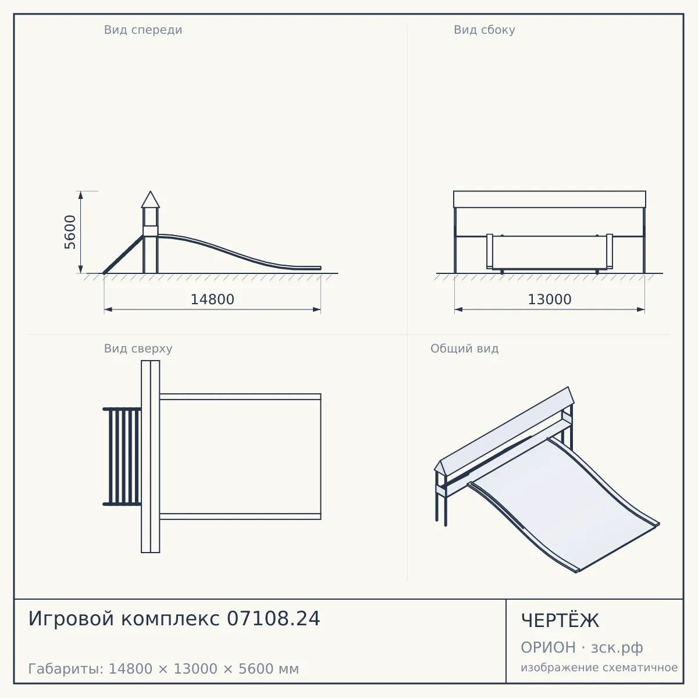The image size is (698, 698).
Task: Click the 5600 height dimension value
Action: pos(70,232)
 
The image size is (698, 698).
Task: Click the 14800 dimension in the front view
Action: pos(212,300)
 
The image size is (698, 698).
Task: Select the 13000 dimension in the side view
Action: pos(550,300)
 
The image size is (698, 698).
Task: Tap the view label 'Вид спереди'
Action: pos(143,30)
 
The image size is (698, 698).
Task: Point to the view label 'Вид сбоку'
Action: pos(485,30)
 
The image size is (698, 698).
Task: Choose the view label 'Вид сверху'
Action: pos(138,348)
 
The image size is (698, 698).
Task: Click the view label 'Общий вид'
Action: pos(464,348)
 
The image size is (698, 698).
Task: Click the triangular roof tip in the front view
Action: pos(150,191)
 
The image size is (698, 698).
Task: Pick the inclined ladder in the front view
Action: pos(123,254)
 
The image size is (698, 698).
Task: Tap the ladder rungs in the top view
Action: pos(122,456)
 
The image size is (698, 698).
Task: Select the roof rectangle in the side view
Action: pos(550,200)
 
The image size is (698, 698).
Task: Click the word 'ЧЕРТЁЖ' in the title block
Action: pos(560,621)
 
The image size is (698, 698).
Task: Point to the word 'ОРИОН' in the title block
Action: pos(548,647)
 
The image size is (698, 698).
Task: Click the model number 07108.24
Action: pos(273,619)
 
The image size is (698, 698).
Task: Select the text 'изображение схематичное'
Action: pos(599,668)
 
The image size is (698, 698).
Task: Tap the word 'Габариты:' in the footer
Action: pos(66,669)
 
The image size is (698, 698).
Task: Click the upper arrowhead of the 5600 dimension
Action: pos(81,195)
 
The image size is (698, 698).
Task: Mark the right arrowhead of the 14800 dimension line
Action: pos(316,309)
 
